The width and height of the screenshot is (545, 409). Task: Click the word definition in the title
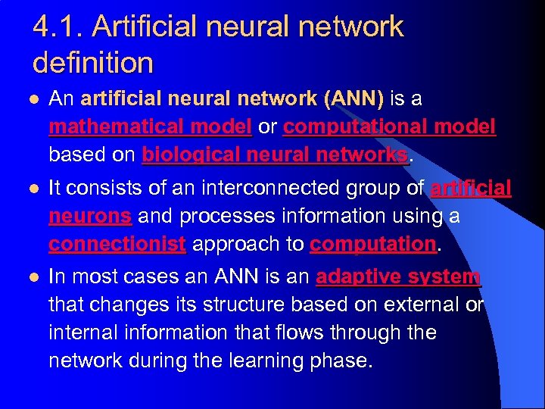93,62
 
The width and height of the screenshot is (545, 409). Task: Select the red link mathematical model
150,126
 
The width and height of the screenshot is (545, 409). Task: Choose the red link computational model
389,126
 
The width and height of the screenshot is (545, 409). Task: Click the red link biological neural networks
275,155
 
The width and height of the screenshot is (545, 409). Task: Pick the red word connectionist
117,244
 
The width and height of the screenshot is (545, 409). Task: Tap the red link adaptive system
398,276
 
